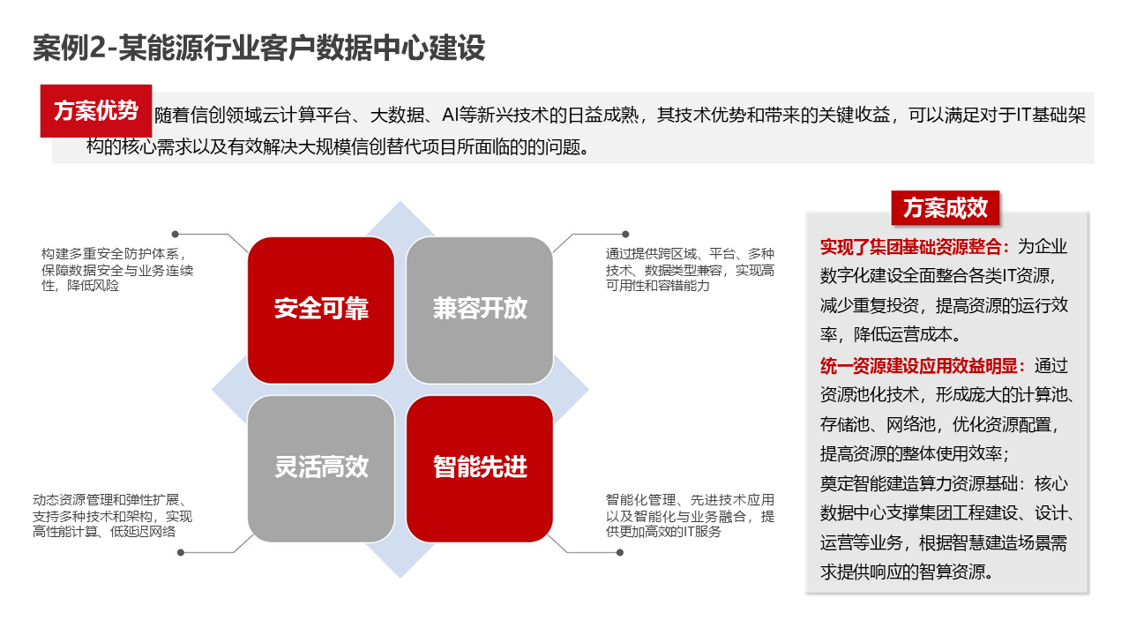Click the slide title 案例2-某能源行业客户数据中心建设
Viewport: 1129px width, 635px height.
point(258,48)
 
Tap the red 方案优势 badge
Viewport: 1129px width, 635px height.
point(96,111)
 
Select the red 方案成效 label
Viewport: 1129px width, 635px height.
point(945,208)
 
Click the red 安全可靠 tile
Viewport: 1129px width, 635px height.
point(321,309)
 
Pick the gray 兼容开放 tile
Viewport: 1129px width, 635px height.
point(480,309)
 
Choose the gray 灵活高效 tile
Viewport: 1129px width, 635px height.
point(321,467)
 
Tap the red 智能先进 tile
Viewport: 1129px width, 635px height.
point(480,467)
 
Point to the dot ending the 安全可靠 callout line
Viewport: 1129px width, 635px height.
point(175,235)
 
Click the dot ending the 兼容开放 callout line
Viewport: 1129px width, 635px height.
point(625,235)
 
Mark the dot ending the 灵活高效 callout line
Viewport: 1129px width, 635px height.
point(181,553)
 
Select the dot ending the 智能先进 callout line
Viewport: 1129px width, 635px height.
point(619,553)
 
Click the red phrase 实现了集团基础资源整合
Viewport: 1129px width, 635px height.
point(916,246)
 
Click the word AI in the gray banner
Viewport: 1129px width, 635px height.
point(449,116)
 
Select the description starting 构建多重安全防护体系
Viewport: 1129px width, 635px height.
point(115,269)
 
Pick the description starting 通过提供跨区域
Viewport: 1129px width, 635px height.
point(690,269)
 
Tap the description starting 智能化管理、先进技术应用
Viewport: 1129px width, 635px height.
point(690,515)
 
